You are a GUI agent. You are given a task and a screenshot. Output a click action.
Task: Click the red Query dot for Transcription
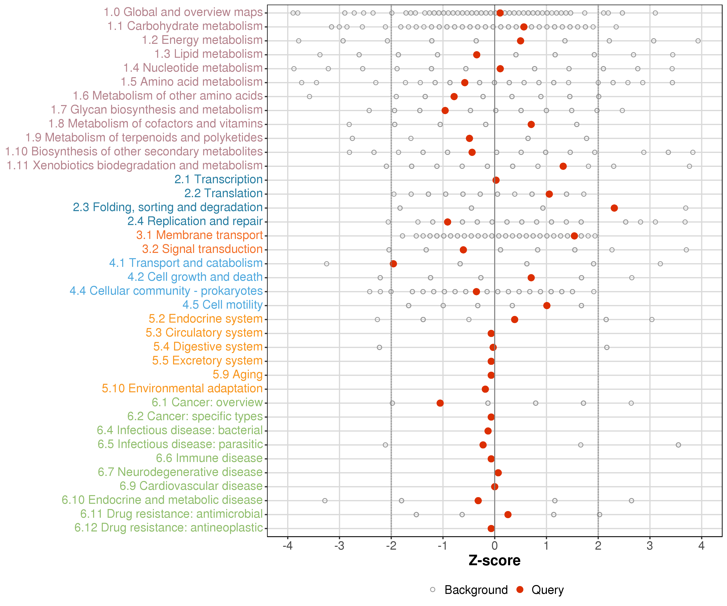tap(496, 180)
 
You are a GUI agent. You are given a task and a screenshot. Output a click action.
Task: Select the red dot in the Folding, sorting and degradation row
tap(614, 208)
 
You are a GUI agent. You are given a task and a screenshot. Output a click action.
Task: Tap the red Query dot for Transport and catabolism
tap(393, 264)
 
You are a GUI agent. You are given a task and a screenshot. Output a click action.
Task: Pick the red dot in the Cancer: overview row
tap(440, 403)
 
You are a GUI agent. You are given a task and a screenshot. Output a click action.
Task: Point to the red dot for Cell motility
tap(547, 305)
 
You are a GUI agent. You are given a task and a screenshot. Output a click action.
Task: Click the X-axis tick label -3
tap(339, 546)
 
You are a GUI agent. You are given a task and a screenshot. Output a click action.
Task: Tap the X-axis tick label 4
tap(701, 546)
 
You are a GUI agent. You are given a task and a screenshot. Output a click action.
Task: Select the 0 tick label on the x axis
tap(494, 546)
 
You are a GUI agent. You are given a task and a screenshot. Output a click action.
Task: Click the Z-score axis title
tap(494, 560)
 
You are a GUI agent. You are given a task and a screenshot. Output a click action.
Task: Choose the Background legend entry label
tap(476, 590)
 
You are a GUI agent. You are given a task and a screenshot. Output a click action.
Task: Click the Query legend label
tap(548, 590)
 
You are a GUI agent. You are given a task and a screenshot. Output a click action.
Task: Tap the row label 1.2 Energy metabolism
tap(202, 40)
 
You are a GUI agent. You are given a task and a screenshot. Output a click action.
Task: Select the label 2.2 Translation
tap(223, 193)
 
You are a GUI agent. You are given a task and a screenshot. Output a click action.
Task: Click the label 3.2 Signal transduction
tap(202, 249)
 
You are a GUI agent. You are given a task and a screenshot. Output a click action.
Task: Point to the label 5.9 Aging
tap(237, 375)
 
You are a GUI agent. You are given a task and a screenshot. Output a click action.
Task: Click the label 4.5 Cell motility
tap(223, 305)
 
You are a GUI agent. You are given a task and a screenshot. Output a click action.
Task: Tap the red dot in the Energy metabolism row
tap(520, 41)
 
